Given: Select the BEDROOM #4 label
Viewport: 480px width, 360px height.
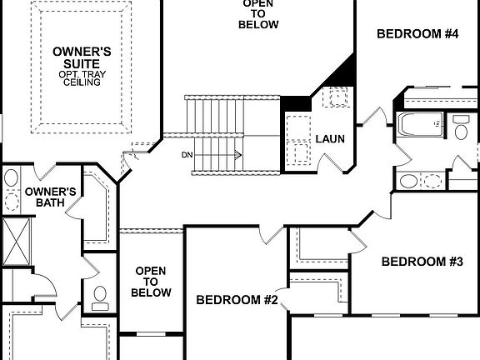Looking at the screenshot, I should [417, 34].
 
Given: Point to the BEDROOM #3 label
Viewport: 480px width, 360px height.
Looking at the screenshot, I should [422, 262].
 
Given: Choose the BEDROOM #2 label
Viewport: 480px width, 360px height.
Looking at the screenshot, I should [237, 300].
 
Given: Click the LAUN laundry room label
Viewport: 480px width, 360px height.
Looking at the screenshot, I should [329, 139].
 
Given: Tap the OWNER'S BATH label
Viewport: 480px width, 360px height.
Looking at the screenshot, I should [50, 197].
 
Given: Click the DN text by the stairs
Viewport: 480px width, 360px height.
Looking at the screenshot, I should [186, 154].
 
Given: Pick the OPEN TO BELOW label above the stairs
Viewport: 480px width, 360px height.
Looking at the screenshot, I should [257, 13].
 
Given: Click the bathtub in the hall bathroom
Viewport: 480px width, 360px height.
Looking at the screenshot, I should [421, 125].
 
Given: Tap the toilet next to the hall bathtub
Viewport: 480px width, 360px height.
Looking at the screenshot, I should [462, 127].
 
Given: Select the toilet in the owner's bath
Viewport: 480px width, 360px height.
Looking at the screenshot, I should [99, 298].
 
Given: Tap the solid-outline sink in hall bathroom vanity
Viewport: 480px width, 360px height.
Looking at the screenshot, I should [409, 181].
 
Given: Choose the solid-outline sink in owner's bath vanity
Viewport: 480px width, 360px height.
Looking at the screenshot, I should [11, 177].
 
